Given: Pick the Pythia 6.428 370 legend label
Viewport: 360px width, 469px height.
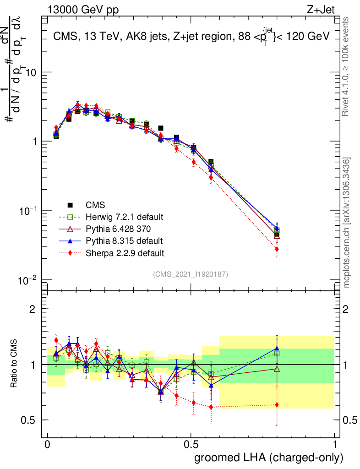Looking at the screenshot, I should tap(116, 229).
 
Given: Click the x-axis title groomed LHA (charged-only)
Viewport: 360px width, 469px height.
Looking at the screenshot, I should tap(269, 458).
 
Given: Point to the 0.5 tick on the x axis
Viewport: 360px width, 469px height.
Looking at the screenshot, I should tap(191, 444).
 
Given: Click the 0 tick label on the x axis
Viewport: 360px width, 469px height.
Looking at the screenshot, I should tap(48, 444).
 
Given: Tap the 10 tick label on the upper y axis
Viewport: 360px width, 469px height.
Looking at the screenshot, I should tap(30, 72).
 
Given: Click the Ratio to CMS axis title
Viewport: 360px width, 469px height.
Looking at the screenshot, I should tap(15, 364).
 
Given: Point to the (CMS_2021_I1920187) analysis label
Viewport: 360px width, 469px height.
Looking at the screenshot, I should tap(191, 274).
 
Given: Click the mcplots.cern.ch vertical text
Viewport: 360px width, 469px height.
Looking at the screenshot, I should tap(347, 223).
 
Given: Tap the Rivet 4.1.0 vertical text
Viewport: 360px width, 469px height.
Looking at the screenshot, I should tap(347, 67).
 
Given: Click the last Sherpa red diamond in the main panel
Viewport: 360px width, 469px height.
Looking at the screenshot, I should tap(277, 249).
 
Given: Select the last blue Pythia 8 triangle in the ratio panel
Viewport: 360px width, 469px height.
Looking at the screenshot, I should tap(277, 349).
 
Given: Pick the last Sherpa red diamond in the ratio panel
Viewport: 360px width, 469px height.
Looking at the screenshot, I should tap(277, 404).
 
